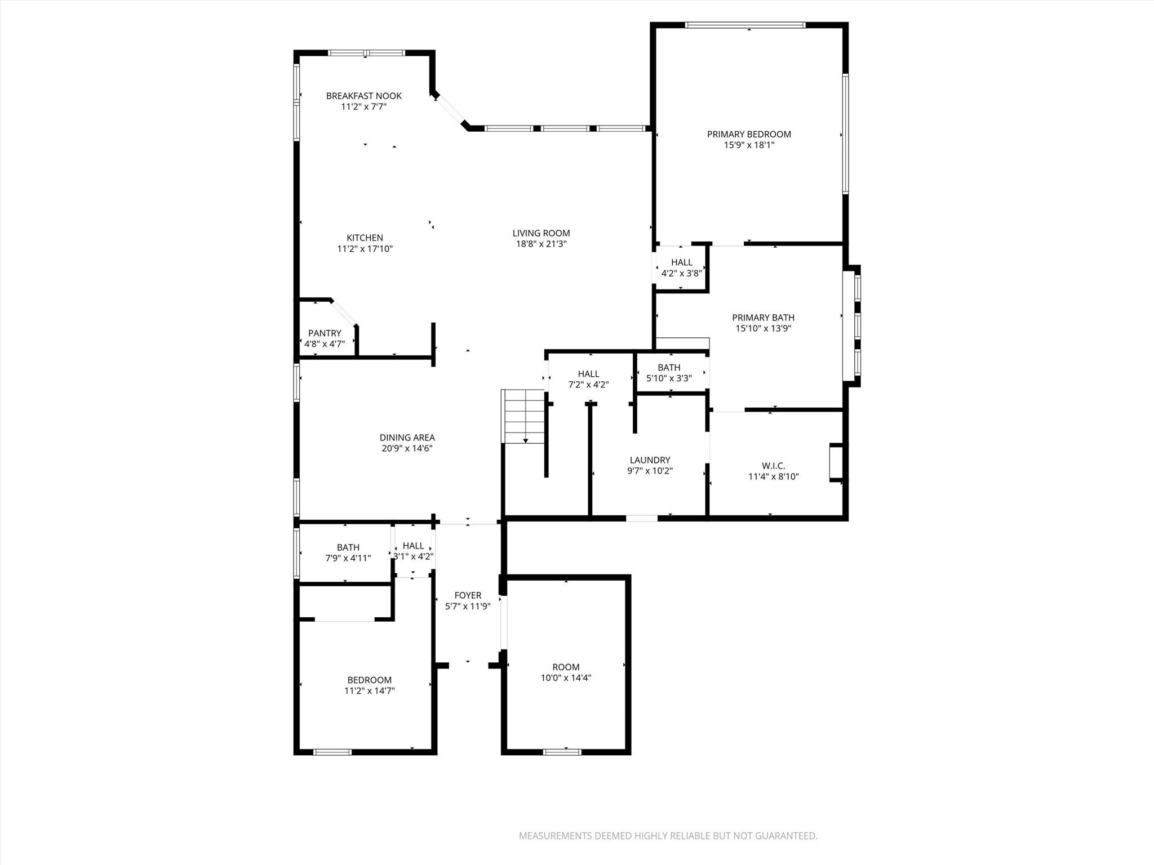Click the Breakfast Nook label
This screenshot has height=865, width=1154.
click(363, 96)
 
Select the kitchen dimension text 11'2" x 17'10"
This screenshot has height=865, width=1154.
click(365, 249)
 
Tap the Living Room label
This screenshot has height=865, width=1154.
click(541, 233)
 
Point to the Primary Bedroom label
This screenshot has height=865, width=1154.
click(749, 134)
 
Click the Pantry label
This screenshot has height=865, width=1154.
click(325, 333)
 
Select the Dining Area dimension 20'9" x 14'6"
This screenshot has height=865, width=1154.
click(407, 449)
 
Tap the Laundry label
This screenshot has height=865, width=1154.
click(650, 460)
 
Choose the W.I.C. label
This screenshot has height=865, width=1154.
click(773, 466)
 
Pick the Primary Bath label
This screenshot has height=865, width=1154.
click(763, 318)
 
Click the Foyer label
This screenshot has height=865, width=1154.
click(468, 595)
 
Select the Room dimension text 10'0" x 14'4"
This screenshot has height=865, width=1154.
click(566, 678)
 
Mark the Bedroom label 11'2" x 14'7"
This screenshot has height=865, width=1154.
click(369, 680)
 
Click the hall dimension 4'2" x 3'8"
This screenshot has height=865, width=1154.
click(681, 273)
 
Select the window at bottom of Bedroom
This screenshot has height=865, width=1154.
click(332, 752)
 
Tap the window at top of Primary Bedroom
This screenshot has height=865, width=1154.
click(745, 25)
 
